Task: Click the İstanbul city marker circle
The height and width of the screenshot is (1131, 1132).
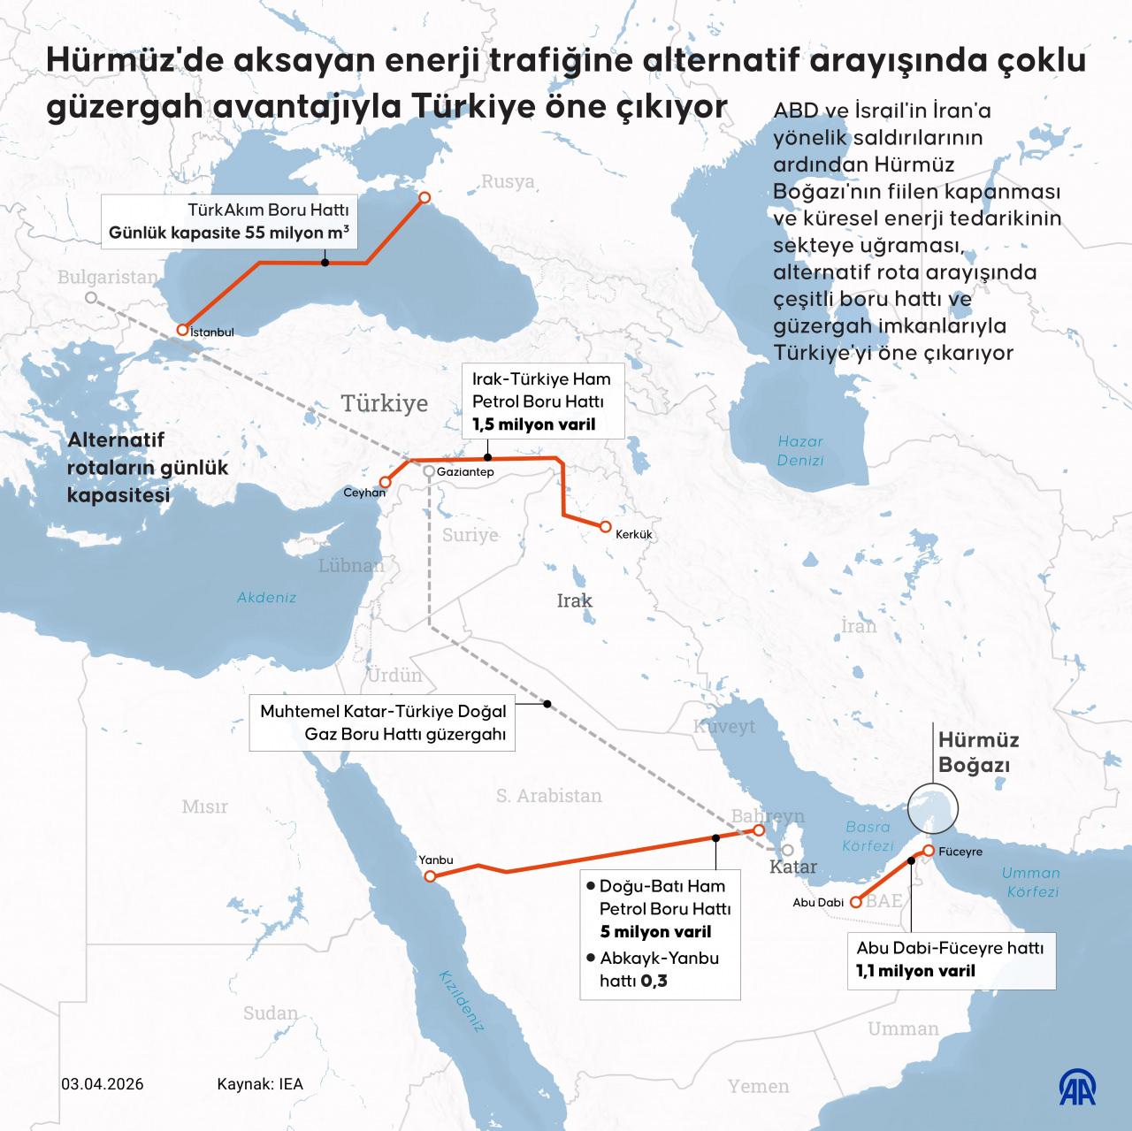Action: [x=182, y=329]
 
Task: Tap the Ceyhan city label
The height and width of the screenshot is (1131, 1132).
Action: [x=364, y=493]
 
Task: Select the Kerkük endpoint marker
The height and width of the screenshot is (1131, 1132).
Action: [x=605, y=526]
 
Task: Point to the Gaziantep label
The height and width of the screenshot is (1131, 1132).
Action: [x=464, y=472]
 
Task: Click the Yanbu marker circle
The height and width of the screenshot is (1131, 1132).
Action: [x=430, y=876]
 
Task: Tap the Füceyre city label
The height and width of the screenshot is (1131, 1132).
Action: [x=961, y=852]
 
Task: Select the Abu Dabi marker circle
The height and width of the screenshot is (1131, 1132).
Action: [x=855, y=902]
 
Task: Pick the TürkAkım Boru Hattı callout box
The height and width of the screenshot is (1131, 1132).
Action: [x=228, y=223]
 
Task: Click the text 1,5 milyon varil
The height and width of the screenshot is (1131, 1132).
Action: [x=533, y=424]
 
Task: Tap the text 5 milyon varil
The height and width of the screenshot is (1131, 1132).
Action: [x=655, y=931]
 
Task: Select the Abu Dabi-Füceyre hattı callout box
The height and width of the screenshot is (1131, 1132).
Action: [x=951, y=959]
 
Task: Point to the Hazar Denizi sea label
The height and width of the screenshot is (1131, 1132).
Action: [x=799, y=450]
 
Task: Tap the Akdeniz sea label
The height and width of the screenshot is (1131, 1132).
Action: [x=266, y=597]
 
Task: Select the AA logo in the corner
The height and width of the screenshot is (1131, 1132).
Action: [x=1078, y=1085]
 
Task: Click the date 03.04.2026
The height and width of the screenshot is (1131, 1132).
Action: [x=103, y=1084]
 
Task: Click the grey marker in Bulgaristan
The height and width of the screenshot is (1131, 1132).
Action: [x=90, y=298]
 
